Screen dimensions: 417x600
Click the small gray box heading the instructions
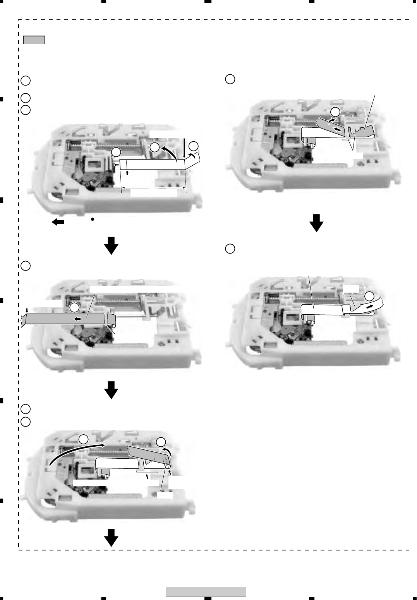coord(34,40)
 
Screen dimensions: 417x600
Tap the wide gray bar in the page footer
coord(206,592)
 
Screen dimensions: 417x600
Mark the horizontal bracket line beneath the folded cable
coord(147,472)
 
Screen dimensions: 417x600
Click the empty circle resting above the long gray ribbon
coord(74,307)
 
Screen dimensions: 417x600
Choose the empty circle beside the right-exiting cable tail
coord(369,296)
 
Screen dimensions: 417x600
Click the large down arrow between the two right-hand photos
coord(317,223)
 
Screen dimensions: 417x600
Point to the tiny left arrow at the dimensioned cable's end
coord(115,165)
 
